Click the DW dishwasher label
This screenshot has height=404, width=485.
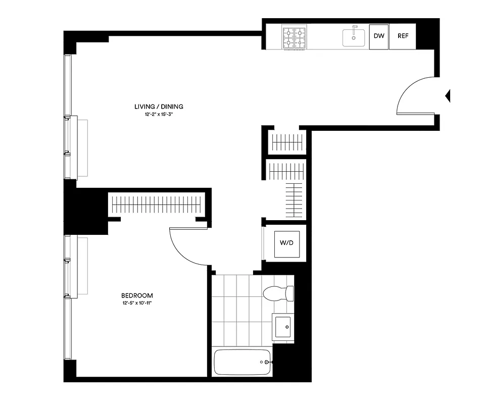tap(378, 36)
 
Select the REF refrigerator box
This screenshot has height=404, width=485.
tap(403, 36)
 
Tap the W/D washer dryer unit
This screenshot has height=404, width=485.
tap(286, 243)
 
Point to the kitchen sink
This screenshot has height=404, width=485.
tap(354, 38)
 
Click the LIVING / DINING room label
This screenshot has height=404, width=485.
tap(159, 107)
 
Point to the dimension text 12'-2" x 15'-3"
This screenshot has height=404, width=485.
tap(159, 115)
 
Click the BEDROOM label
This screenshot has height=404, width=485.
tap(137, 295)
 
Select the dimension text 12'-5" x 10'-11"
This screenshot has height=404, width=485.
tap(137, 304)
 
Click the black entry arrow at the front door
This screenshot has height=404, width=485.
tap(447, 95)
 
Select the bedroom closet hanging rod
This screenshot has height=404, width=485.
tap(156, 205)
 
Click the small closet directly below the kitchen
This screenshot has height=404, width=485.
tap(286, 142)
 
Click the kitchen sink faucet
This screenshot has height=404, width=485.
tap(355, 28)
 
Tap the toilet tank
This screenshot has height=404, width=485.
tap(289, 293)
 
